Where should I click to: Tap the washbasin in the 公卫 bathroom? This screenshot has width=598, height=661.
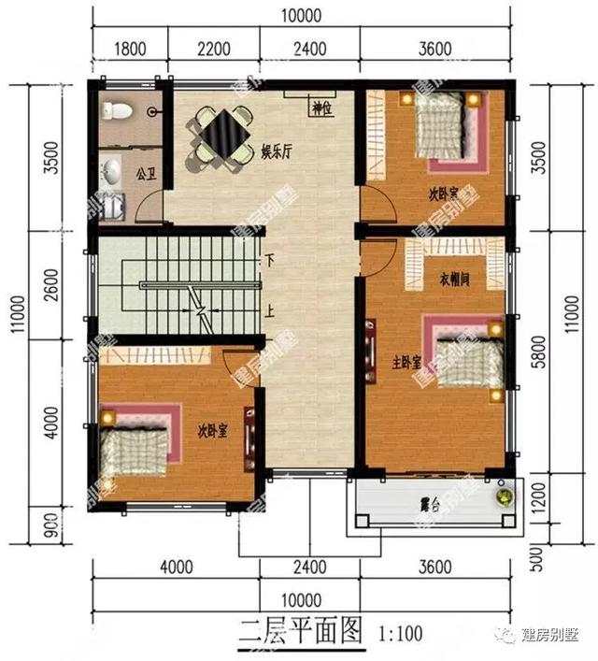(x=112, y=171)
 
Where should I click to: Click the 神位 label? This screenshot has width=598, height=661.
(x=322, y=109)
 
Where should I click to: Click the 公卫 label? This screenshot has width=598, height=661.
(x=145, y=174)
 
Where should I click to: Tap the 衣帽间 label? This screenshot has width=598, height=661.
(x=452, y=277)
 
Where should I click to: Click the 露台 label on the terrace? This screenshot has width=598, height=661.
(x=431, y=506)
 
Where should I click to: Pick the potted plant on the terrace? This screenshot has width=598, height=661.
(x=505, y=496)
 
